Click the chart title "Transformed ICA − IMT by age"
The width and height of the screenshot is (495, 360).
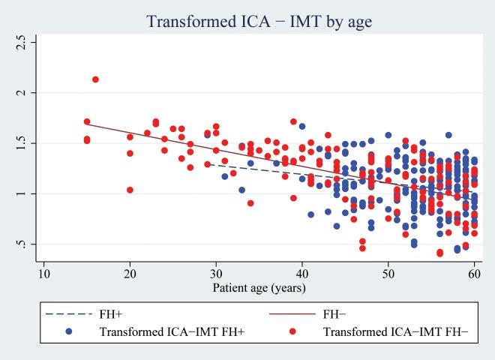[259, 23]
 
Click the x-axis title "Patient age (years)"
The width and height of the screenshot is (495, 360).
[259, 286]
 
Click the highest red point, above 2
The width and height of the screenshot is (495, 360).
[95, 79]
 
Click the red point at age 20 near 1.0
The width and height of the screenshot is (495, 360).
[130, 190]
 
